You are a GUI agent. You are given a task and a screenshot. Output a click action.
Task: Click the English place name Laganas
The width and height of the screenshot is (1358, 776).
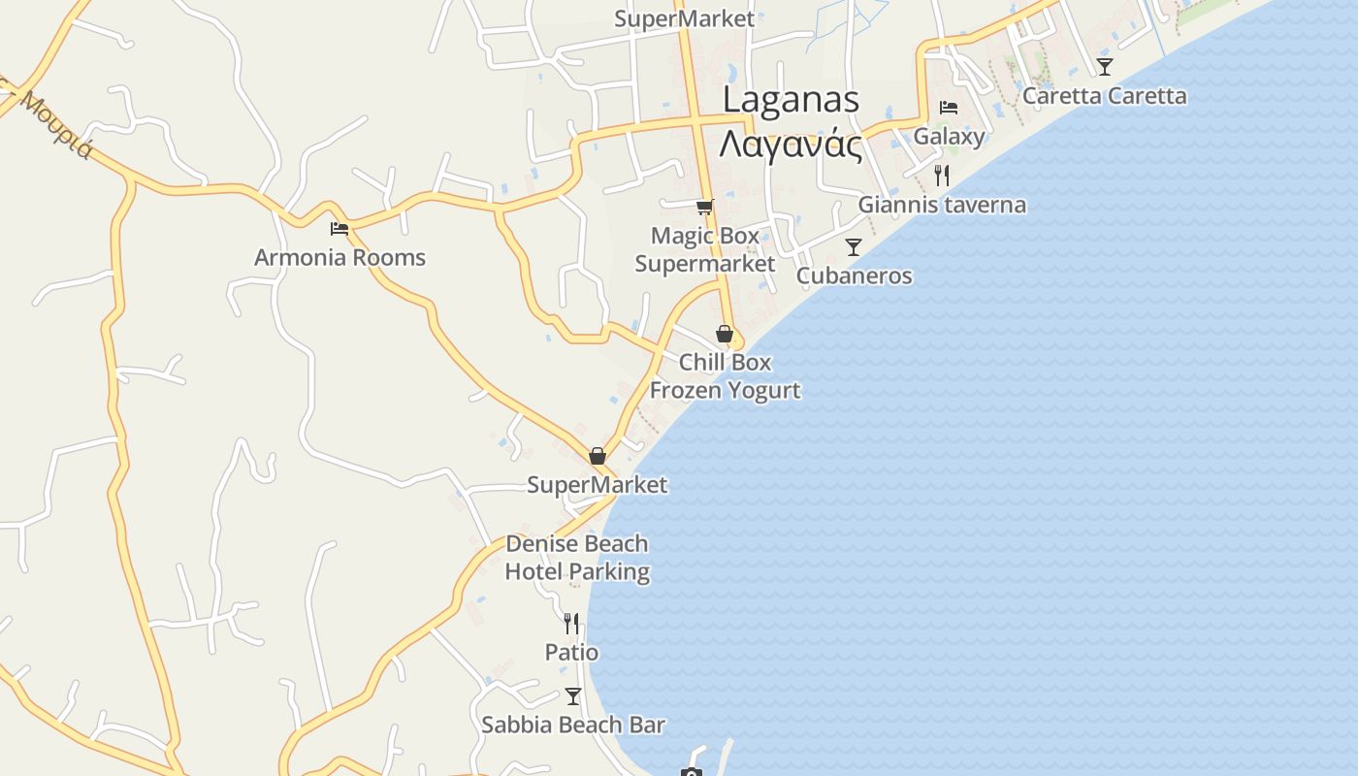click(x=791, y=100)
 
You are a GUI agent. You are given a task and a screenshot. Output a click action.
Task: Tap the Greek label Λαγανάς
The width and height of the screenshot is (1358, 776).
click(x=791, y=145)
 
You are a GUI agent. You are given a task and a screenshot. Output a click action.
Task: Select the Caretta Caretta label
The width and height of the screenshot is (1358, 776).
click(x=1104, y=96)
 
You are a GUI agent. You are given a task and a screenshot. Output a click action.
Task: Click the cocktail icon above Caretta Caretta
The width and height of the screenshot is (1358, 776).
click(x=1104, y=66)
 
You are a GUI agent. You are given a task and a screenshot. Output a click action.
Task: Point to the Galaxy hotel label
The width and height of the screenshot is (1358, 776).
click(x=949, y=137)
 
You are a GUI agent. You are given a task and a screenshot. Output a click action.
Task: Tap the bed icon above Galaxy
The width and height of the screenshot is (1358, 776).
click(x=949, y=108)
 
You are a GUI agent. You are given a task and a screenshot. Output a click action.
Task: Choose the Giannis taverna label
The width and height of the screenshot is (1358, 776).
click(x=942, y=205)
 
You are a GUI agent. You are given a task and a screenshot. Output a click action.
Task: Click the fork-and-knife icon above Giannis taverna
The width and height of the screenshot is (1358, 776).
click(x=941, y=175)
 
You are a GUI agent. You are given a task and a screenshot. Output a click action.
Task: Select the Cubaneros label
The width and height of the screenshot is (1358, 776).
click(x=854, y=275)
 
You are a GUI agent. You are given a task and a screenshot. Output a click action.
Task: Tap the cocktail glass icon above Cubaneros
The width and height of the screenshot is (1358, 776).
click(x=854, y=246)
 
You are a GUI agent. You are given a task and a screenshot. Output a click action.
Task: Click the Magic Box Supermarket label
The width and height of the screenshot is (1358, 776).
click(x=705, y=249)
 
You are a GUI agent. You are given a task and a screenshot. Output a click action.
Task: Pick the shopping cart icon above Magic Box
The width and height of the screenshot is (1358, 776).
click(x=705, y=207)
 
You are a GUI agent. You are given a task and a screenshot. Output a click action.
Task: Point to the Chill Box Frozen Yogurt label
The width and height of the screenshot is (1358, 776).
click(x=725, y=375)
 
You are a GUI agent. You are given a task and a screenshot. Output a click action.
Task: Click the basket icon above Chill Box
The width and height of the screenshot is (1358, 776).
click(x=724, y=334)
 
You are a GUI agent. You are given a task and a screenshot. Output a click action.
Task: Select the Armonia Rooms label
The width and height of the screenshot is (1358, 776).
click(x=339, y=258)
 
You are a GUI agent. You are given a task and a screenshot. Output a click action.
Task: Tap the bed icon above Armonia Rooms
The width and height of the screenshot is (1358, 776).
click(x=339, y=229)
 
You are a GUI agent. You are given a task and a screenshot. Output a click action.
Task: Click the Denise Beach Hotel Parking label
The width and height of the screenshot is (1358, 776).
click(x=577, y=558)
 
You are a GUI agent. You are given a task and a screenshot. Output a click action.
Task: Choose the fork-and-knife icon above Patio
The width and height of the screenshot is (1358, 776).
click(x=571, y=623)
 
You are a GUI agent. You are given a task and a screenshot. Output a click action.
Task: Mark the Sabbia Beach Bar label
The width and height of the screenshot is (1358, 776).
click(x=573, y=725)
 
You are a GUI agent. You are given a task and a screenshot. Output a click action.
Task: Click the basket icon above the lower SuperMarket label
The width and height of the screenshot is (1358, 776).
click(x=598, y=455)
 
